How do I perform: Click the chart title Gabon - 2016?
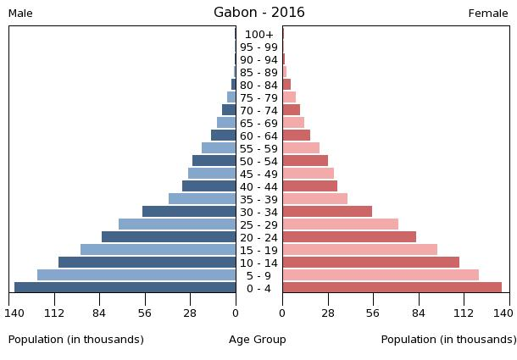point(258,13)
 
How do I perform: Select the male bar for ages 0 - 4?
point(125,288)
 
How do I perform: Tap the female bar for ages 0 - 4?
point(392,288)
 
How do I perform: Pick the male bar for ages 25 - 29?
point(177,224)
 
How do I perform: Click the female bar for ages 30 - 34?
point(327,212)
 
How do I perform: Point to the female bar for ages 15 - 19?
point(359,250)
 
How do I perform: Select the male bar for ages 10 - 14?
point(147,263)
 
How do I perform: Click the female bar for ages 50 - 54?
point(305,161)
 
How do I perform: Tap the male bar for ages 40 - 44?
point(208,186)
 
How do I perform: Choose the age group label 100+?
point(258,35)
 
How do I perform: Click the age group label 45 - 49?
point(258,174)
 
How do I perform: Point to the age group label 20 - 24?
point(258,238)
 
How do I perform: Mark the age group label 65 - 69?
point(258,124)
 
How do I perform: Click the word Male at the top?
point(20,14)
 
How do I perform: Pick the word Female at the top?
point(488,14)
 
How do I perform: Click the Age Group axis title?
point(258,340)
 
